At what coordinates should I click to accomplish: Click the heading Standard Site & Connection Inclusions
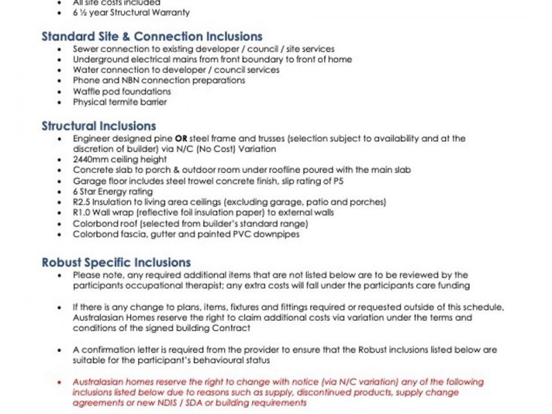coord(152,37)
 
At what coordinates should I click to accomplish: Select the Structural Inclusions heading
coord(99,126)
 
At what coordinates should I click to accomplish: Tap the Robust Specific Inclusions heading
coord(116,263)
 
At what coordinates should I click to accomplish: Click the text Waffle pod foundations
coord(121,91)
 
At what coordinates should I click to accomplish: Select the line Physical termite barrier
coord(120,102)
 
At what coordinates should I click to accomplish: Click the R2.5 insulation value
coord(83,202)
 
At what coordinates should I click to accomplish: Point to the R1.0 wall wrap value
coord(83,213)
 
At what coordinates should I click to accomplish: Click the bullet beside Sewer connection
coord(63,49)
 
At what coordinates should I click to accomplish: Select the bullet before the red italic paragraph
coord(63,382)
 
